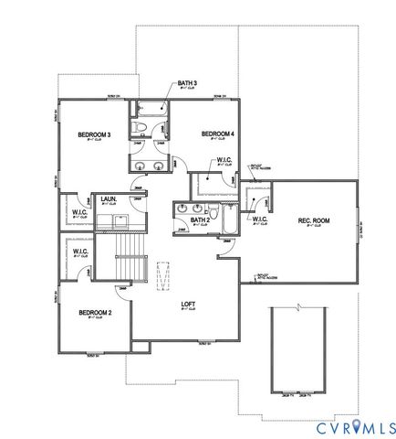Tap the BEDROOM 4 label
[x=217, y=134]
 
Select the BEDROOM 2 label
[x=95, y=313]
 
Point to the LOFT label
[x=189, y=305]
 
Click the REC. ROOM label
[x=313, y=221]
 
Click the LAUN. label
[x=120, y=198]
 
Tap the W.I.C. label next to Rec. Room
[x=259, y=219]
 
